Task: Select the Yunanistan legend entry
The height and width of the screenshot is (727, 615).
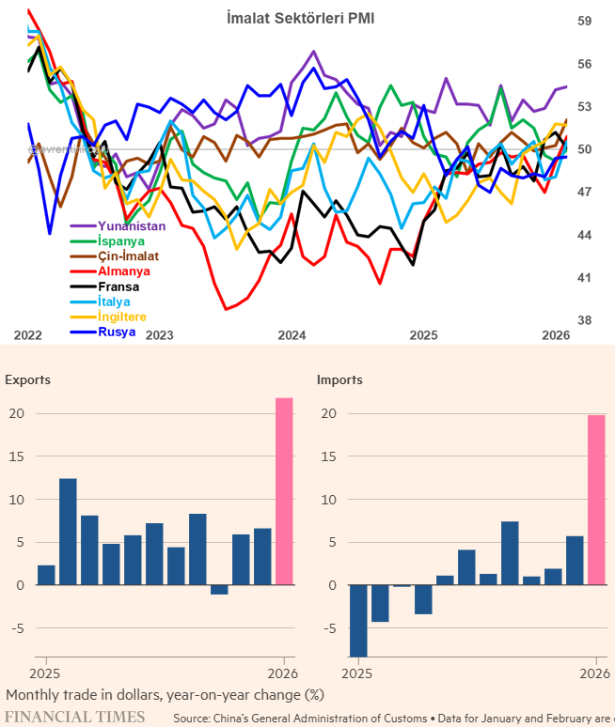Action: pyautogui.click(x=132, y=225)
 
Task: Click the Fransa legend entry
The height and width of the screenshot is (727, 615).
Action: pyautogui.click(x=118, y=286)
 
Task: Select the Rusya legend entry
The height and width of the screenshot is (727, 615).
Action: pyautogui.click(x=117, y=332)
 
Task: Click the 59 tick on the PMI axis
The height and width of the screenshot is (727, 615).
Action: pyautogui.click(x=584, y=21)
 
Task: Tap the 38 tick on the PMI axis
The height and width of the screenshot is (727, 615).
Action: pyautogui.click(x=584, y=320)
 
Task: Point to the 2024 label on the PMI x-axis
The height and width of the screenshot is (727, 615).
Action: pyautogui.click(x=292, y=335)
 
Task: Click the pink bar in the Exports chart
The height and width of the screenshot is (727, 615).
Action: pyautogui.click(x=284, y=491)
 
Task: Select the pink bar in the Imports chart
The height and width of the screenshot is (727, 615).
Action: pyautogui.click(x=596, y=500)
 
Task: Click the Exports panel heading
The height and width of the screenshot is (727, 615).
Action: pyautogui.click(x=28, y=380)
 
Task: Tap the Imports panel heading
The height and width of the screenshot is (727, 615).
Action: pyautogui.click(x=339, y=380)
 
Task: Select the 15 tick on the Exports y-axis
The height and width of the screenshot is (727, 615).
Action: pyautogui.click(x=17, y=456)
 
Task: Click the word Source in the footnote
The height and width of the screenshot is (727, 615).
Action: pyautogui.click(x=193, y=718)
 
